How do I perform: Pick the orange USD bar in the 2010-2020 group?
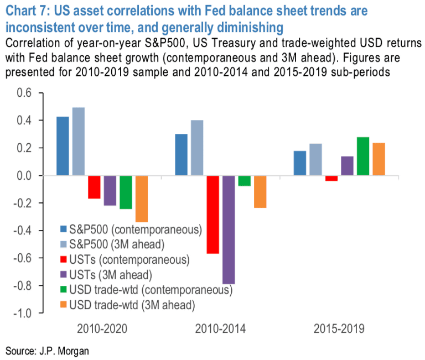click(x=141, y=199)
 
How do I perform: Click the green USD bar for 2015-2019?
click(x=363, y=156)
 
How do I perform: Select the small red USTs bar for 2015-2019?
click(x=331, y=178)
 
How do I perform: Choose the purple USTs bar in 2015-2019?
click(x=347, y=166)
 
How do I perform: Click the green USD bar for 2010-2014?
click(x=244, y=181)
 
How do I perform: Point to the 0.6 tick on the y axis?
click(x=24, y=93)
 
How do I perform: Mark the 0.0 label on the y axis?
click(x=24, y=175)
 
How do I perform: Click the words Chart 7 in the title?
click(x=26, y=11)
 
